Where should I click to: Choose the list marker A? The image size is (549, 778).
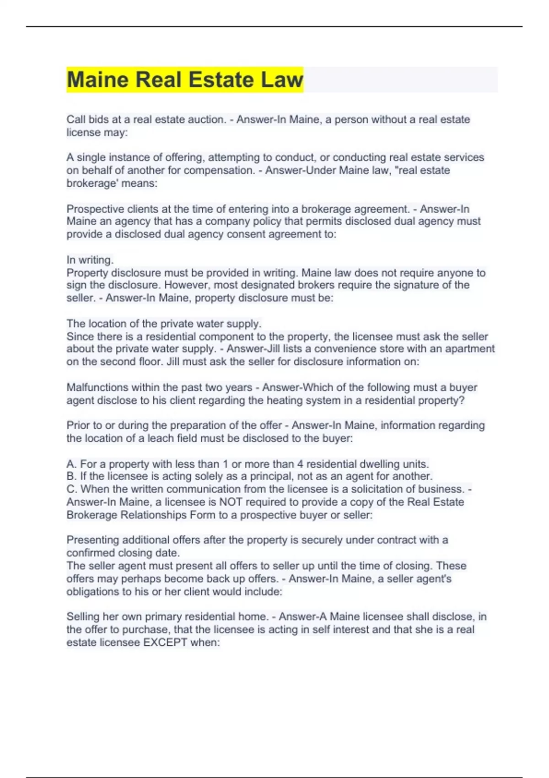point(71,464)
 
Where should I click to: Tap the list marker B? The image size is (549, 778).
point(71,476)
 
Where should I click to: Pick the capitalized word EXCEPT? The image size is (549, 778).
point(165,642)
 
